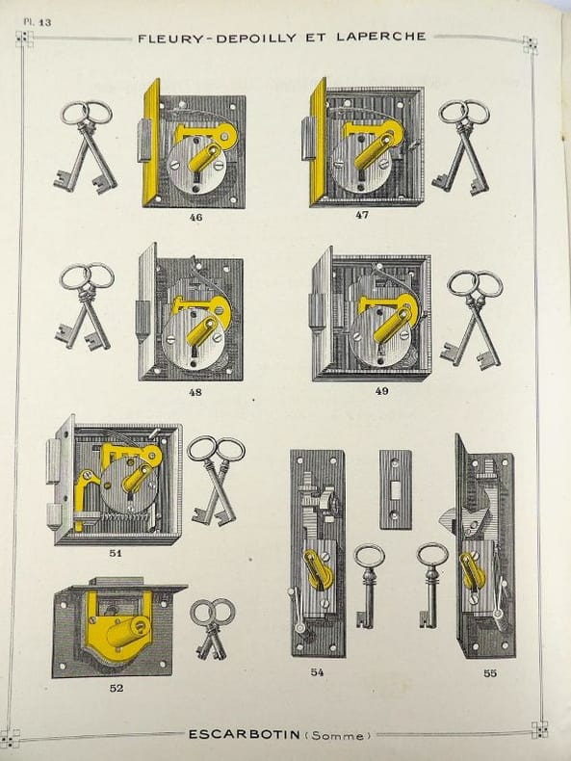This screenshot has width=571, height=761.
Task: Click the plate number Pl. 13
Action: [x=38, y=22]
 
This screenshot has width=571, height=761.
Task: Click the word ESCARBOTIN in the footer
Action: [x=244, y=734]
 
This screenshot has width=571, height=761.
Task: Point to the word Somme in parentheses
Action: [x=338, y=735]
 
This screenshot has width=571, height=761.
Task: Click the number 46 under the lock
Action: [x=195, y=218]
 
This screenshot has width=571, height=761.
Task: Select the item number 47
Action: [x=362, y=215]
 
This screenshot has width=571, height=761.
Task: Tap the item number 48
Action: [x=195, y=392]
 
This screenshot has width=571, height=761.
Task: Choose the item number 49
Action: [x=382, y=391]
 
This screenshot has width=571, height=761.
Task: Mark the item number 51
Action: [x=116, y=552]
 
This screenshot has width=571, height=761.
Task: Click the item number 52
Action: [x=117, y=688]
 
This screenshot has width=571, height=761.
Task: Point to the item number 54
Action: [x=318, y=672]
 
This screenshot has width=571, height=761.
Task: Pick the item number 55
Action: [x=490, y=673]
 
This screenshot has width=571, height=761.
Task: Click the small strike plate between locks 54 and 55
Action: [x=396, y=489]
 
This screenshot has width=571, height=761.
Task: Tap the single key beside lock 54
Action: [x=367, y=587]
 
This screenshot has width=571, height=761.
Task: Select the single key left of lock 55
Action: [x=430, y=585]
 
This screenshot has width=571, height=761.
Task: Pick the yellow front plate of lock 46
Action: [x=151, y=144]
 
